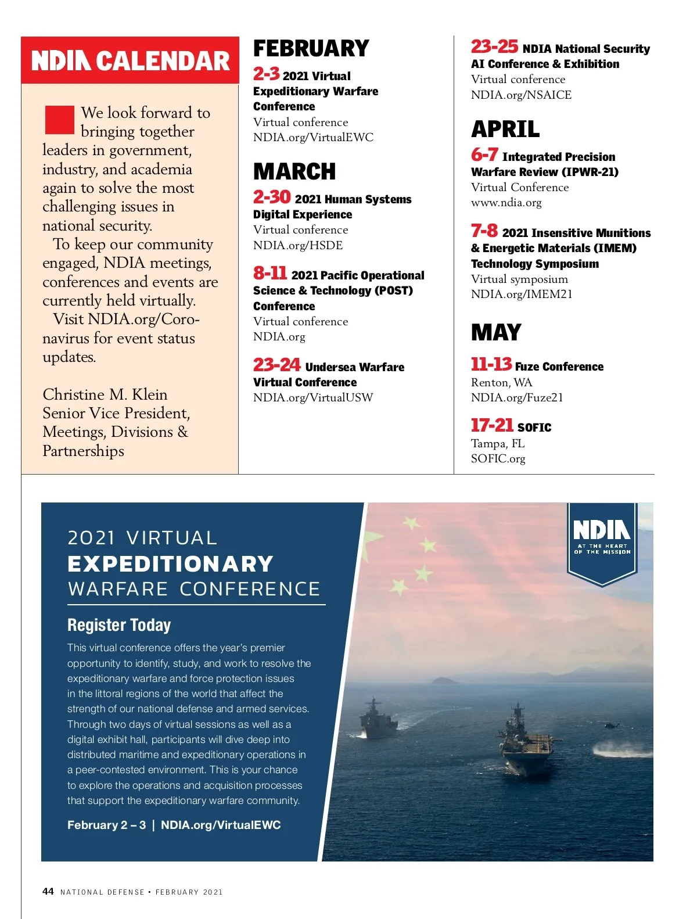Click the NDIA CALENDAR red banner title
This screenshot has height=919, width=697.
click(130, 61)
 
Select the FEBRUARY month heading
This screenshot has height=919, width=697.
click(311, 48)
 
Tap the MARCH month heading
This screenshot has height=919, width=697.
click(294, 171)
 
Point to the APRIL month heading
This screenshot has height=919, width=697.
click(505, 129)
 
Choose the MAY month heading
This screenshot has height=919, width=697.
click(496, 332)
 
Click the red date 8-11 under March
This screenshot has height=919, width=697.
click(270, 273)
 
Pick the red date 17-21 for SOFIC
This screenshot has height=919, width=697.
click(492, 425)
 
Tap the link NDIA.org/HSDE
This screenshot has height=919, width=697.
click(298, 245)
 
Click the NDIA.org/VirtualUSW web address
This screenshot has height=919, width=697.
click(313, 397)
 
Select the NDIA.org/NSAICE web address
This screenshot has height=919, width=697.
click(521, 95)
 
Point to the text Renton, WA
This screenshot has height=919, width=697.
click(501, 382)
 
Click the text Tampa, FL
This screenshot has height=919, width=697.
click(498, 443)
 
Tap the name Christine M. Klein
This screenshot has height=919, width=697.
click(105, 394)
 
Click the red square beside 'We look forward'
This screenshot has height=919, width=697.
click(60, 120)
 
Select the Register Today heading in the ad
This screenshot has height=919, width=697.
click(119, 625)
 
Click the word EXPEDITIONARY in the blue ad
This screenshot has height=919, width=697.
click(170, 563)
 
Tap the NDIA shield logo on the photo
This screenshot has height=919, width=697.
click(602, 540)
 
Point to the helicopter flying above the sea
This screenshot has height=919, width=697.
click(611, 725)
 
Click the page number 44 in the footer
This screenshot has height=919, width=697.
click(48, 891)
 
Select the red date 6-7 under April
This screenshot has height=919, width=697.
click(484, 155)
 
